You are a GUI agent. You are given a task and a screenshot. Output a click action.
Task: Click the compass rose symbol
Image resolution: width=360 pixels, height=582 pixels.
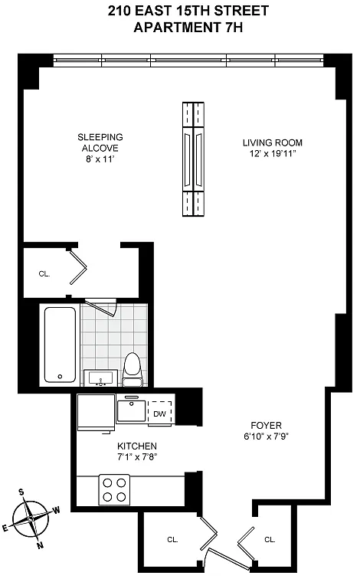pos(31,519)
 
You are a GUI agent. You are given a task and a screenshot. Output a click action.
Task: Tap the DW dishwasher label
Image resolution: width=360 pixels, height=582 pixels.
pos(159,414)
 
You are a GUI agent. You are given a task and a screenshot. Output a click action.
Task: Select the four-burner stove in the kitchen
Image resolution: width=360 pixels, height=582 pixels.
pos(114,490)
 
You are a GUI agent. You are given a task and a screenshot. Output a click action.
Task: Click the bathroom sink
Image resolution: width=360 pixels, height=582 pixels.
pos(100,378)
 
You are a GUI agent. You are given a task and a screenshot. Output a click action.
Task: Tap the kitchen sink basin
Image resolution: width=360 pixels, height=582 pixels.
pos(131,410)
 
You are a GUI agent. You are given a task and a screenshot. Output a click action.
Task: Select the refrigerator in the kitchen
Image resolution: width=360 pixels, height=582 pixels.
pos(96,413)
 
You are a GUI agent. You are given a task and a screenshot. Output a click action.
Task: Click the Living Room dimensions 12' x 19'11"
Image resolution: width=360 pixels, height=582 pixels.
pos(273,154)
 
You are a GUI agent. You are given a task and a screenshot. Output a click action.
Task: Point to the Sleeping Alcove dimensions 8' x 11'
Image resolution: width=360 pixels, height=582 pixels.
pos(100,159)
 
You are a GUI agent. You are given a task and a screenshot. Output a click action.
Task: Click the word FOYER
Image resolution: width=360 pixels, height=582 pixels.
pos(266,425)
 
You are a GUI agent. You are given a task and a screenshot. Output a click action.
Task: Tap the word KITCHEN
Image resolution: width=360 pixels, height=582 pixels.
pos(137,446)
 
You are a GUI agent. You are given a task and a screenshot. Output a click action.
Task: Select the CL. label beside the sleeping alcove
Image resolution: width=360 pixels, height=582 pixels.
pos(44,274)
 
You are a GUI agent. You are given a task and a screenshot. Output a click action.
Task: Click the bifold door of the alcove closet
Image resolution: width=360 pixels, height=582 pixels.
pos(77,266)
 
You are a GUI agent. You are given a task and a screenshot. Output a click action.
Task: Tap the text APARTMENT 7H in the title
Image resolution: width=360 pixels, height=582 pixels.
pos(188,28)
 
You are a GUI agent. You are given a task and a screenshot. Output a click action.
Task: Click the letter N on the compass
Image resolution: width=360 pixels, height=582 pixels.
pos(40,545)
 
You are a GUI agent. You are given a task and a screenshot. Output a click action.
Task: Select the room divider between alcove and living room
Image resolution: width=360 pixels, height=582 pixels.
pos(193,159)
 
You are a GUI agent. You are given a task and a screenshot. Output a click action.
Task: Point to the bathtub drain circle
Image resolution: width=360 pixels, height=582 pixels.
pos(60,377)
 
